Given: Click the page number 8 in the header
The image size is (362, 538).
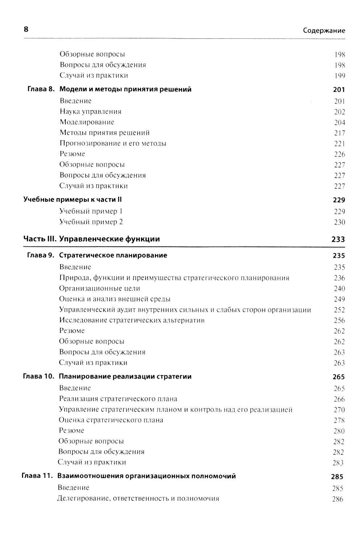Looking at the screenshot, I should tap(26, 30).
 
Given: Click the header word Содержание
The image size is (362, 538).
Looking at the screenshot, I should tap(324, 31).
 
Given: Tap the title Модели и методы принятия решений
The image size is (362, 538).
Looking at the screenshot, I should tap(125, 89).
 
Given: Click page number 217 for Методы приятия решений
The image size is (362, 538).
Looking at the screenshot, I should tap(339, 133).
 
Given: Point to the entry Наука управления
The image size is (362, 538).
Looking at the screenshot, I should tap(90, 112).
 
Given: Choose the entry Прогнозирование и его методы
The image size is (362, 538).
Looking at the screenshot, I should tap(113, 143).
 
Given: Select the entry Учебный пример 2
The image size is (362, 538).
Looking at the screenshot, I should tap(91, 222).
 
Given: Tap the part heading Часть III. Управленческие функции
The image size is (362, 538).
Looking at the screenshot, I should tap(92, 239).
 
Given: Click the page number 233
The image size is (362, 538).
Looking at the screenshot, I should tap(338, 239).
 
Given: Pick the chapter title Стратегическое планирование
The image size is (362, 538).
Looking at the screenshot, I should tap(113, 255).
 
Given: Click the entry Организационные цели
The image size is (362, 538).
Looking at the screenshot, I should tap(100, 288).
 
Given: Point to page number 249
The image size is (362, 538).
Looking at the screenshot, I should tap(339, 299).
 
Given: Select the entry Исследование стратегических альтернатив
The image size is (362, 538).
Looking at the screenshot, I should tap(132, 320).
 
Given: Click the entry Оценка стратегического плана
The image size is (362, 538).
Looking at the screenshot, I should tap(111, 420).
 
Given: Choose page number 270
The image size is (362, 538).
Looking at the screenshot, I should tap(339, 410).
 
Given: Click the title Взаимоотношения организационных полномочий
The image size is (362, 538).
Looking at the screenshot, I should tap(147, 476).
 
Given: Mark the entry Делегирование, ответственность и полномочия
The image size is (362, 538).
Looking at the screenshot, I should tap(138, 499).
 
